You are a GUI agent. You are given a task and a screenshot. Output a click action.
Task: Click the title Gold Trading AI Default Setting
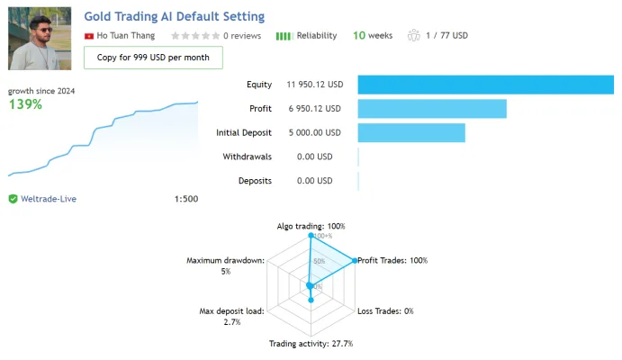[174, 17]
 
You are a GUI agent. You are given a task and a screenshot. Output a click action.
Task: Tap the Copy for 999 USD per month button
[153, 58]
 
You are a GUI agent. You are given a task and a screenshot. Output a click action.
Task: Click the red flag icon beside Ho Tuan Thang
[89, 36]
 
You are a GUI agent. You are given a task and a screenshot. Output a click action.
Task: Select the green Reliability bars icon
[284, 36]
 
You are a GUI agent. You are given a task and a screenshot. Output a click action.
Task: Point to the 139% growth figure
[25, 104]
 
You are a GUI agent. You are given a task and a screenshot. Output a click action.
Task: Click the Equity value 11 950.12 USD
[314, 85]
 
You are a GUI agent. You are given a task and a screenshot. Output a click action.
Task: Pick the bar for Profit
[432, 109]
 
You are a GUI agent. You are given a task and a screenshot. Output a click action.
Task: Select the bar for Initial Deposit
[411, 133]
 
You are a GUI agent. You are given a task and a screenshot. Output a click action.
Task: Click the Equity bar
[485, 85]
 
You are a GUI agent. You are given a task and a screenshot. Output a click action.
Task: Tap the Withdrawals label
[248, 157]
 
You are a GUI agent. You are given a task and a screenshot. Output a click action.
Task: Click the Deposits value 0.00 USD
[314, 181]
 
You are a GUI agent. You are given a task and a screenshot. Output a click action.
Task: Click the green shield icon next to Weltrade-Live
[14, 199]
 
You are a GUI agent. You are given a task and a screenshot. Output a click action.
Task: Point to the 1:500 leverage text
[186, 199]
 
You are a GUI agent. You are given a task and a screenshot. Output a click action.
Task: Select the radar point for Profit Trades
[355, 260]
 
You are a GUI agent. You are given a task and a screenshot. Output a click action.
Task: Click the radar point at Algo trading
[311, 236]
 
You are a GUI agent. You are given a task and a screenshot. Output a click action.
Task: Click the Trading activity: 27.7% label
[311, 343]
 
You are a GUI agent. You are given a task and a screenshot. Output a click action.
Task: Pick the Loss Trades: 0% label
[385, 311]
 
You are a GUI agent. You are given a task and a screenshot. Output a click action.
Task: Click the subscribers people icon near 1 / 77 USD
[413, 35]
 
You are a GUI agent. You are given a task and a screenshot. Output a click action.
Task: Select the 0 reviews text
[242, 36]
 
